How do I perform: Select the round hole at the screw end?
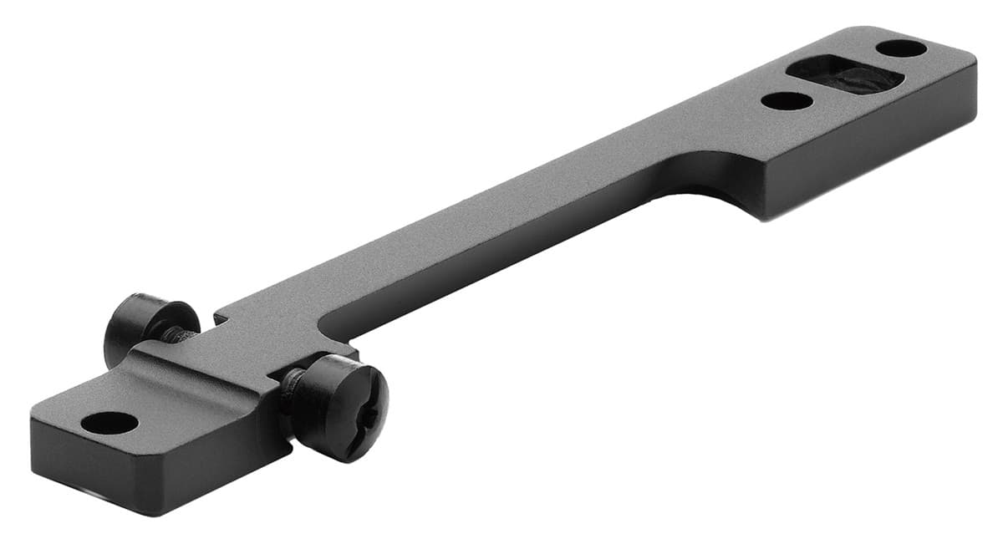pos(109,423)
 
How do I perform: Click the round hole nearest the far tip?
pos(901,48)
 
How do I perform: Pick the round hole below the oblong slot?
pos(787,101)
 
